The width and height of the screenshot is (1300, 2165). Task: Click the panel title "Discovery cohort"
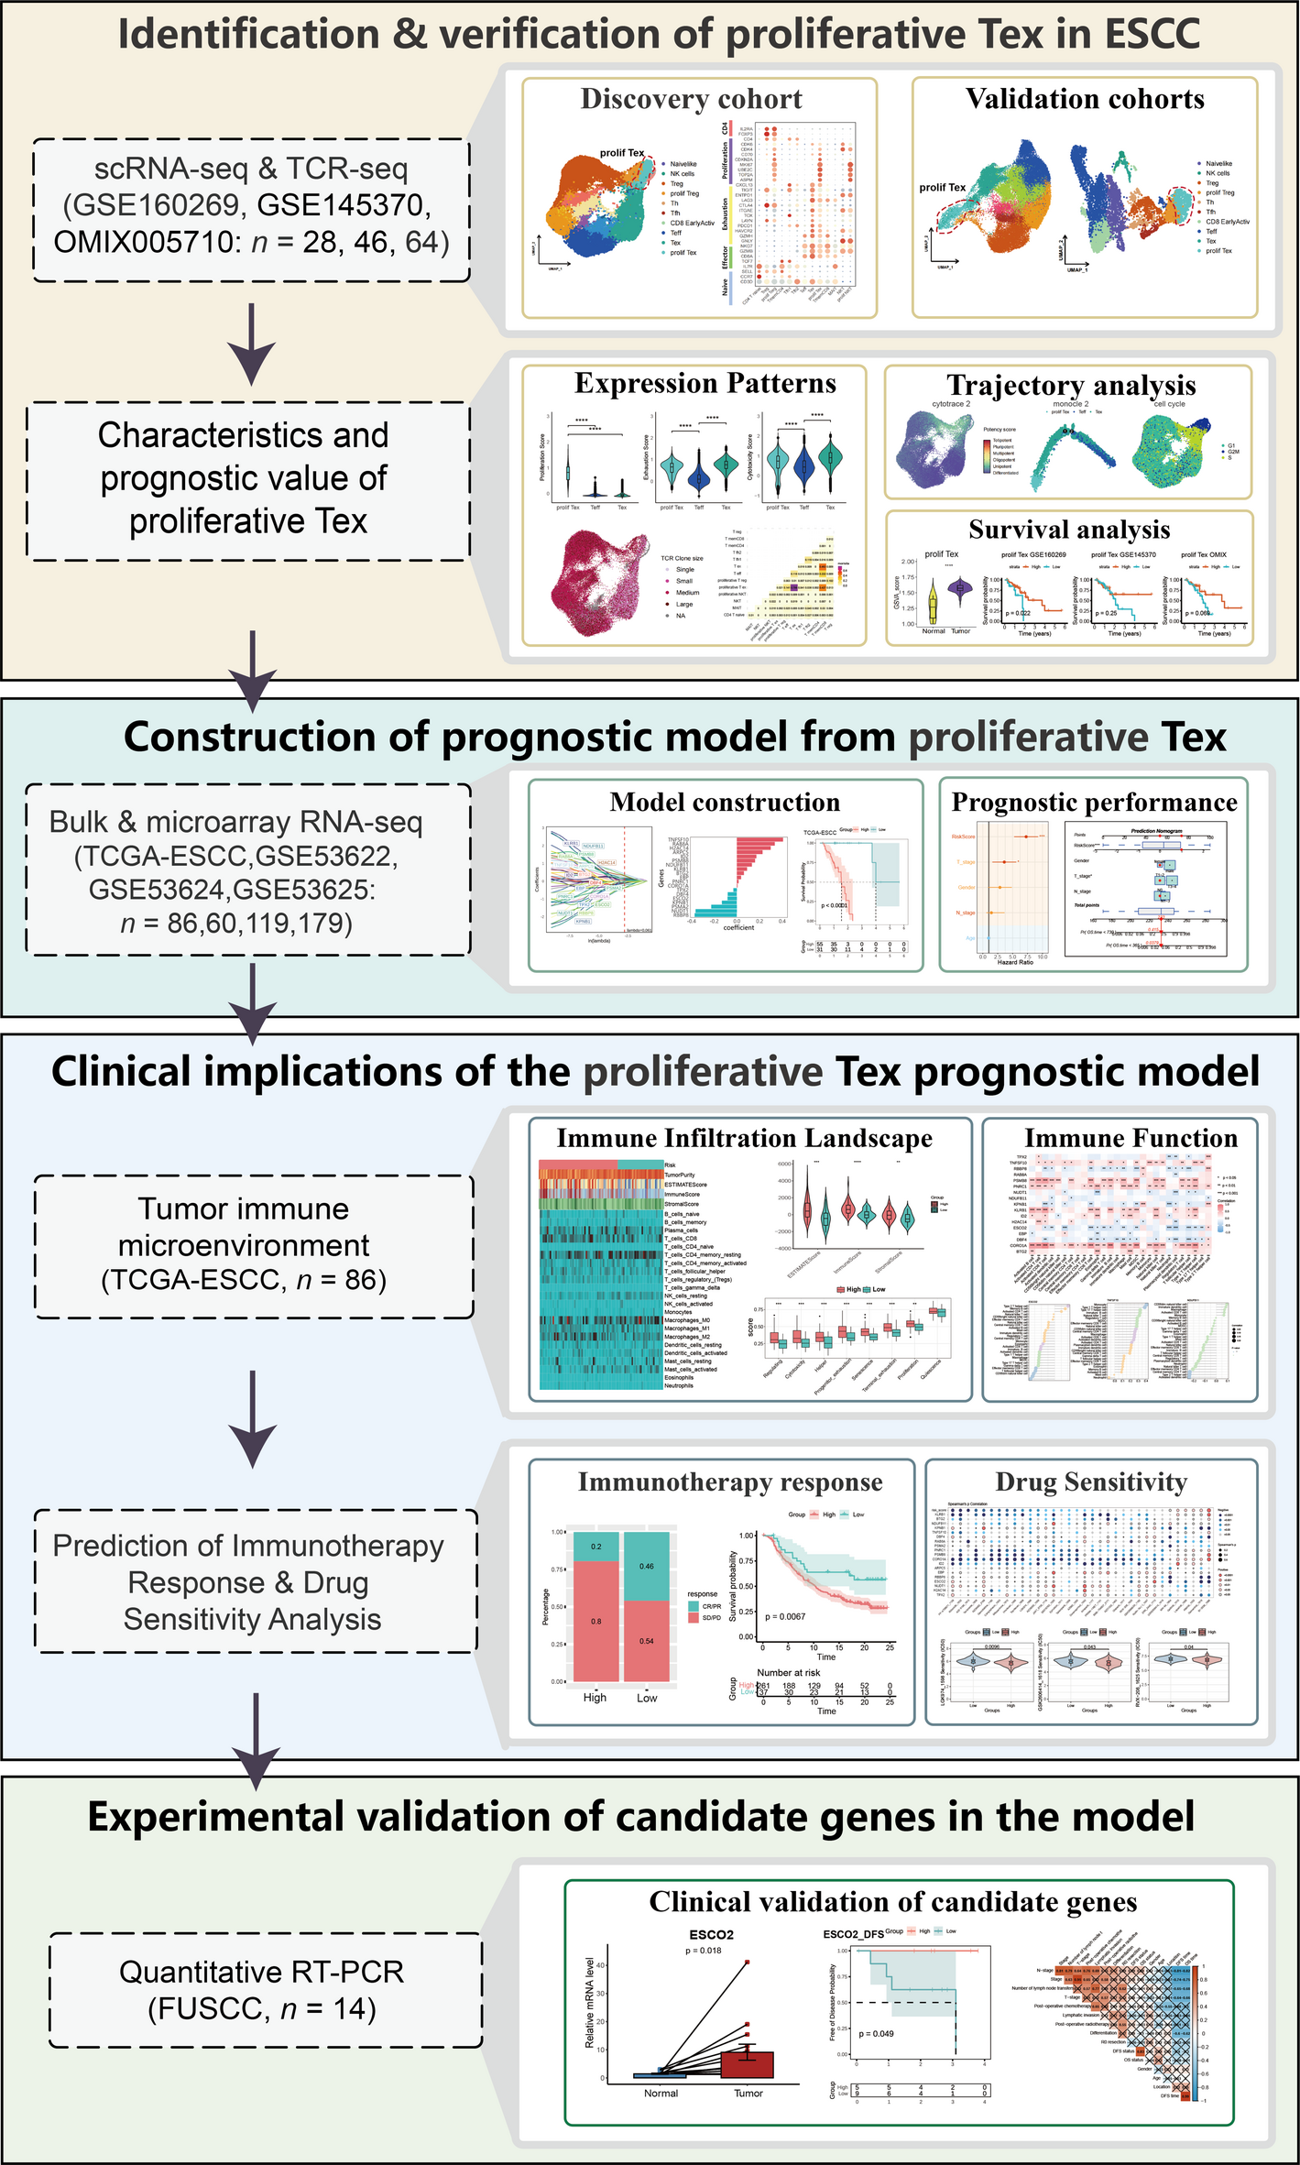point(691,99)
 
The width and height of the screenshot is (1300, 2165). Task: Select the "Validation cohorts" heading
point(1085,99)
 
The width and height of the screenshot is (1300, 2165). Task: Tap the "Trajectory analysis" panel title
point(1071,386)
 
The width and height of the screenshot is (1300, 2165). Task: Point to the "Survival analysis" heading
point(1069,530)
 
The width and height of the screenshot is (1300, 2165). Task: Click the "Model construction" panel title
point(725,803)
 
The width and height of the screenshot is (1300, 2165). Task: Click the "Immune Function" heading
point(1131,1138)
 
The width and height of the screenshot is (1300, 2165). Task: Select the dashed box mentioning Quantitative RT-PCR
point(265,1990)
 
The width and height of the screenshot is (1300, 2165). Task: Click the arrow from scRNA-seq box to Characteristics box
point(251,344)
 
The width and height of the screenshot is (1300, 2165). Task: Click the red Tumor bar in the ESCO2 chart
point(748,2065)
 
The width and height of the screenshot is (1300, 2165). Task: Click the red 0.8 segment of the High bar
point(595,1621)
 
